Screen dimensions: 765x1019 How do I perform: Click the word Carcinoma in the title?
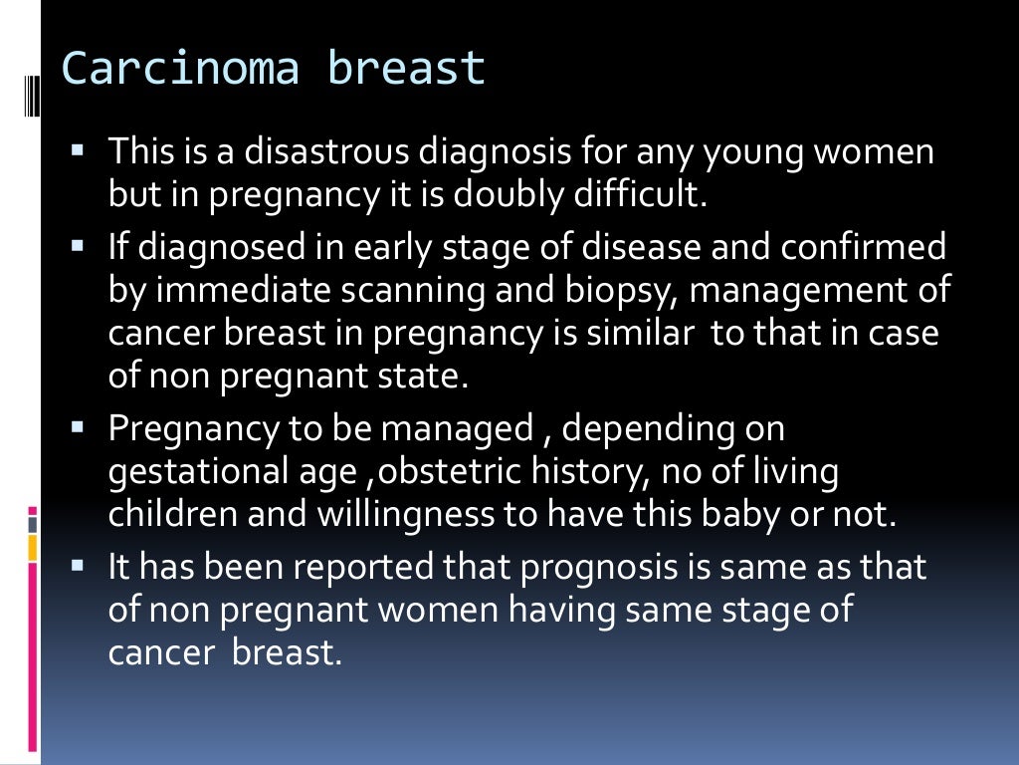180,69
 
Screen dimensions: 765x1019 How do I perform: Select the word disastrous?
326,152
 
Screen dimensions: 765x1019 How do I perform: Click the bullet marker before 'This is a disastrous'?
79,152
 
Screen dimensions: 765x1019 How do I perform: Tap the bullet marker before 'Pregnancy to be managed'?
79,428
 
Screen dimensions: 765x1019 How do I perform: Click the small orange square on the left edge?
33,547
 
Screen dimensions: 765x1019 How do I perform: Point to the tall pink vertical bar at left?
33,657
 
